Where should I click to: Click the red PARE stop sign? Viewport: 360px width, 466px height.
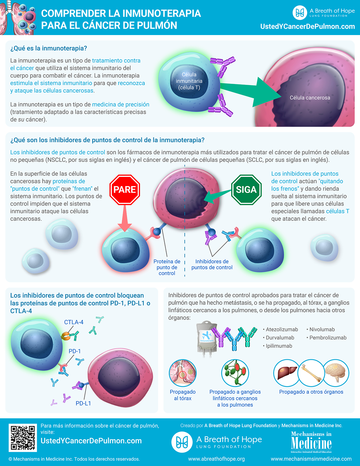[x=125, y=190]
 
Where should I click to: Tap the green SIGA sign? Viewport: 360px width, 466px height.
[x=246, y=190]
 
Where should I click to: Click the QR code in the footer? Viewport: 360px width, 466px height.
[x=23, y=438]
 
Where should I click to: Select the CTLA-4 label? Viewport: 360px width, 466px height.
[x=74, y=322]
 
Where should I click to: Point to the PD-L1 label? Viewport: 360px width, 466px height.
[x=83, y=403]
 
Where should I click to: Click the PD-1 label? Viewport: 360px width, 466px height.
[x=75, y=351]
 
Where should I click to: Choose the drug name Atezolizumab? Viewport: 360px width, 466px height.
[x=282, y=329]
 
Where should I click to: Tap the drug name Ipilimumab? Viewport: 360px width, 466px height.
[x=279, y=346]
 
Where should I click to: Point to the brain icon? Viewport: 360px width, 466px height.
[x=336, y=373]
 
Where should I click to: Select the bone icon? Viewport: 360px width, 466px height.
[x=311, y=373]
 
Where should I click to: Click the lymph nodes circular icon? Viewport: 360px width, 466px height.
[x=235, y=373]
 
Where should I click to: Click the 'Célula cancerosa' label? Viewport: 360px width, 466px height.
[x=310, y=98]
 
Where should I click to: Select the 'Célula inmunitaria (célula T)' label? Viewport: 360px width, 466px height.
[x=189, y=81]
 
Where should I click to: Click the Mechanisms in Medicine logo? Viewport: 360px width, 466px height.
[x=311, y=442]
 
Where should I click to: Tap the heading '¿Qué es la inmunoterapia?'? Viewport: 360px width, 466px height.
[x=49, y=48]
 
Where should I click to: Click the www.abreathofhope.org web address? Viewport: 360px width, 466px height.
[x=216, y=459]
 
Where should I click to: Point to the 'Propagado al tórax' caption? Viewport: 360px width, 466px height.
[x=183, y=395]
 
